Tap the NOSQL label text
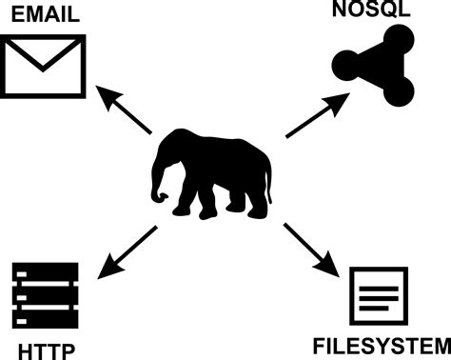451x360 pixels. (x=373, y=10)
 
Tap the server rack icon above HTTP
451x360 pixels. (x=44, y=296)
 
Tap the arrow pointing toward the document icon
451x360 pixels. (x=313, y=250)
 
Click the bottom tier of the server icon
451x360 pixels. (x=44, y=318)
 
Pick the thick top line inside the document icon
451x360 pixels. (x=379, y=282)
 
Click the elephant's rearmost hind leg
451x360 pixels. (x=258, y=201)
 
